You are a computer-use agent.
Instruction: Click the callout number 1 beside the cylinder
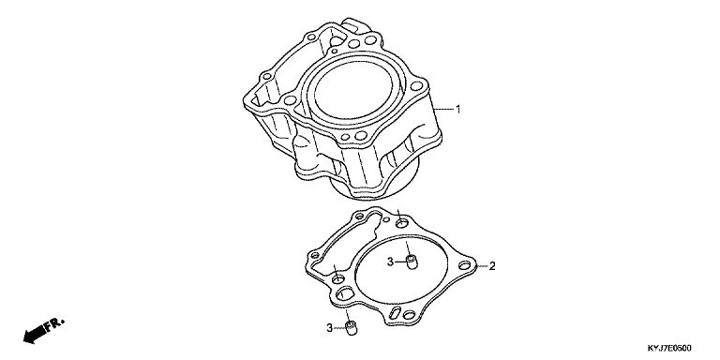[x=457, y=110]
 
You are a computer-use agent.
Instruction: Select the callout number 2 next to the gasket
[x=492, y=266]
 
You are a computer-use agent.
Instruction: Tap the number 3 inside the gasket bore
[x=390, y=262]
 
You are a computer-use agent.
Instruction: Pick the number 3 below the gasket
[x=329, y=328]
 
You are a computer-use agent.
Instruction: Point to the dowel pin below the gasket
[x=352, y=328]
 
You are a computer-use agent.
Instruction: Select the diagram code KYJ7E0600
[x=669, y=348]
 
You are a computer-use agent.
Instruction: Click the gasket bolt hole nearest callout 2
[x=465, y=265]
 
